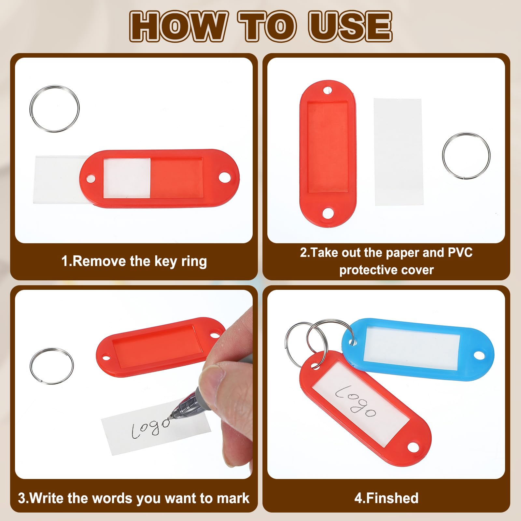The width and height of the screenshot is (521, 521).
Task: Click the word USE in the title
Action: pos(351,26)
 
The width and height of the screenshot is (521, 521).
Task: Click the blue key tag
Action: pos(417,348)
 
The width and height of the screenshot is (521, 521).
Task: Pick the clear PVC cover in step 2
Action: pos(398,152)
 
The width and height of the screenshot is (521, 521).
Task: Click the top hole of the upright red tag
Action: pos(327,90)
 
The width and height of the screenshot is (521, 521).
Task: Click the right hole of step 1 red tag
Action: pos(224,178)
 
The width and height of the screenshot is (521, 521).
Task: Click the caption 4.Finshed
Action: pos(387,498)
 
